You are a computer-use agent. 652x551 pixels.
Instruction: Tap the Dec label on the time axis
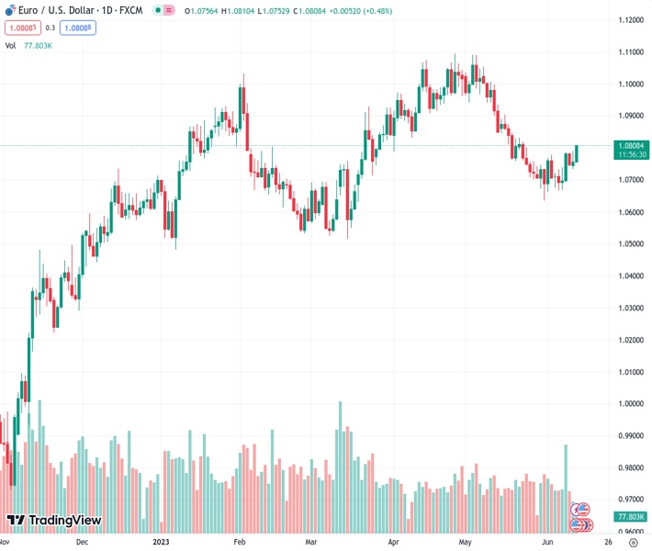coord(82,542)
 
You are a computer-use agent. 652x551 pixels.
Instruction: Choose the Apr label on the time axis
coord(395,542)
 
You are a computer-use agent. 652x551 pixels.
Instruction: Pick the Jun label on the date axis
coord(547,542)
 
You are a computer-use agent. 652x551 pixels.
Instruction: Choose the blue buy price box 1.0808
coord(77,28)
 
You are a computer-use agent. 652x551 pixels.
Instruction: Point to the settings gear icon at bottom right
coord(633,542)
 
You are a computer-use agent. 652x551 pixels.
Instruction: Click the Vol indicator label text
coord(11,45)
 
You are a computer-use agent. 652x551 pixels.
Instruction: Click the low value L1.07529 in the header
coord(287,11)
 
